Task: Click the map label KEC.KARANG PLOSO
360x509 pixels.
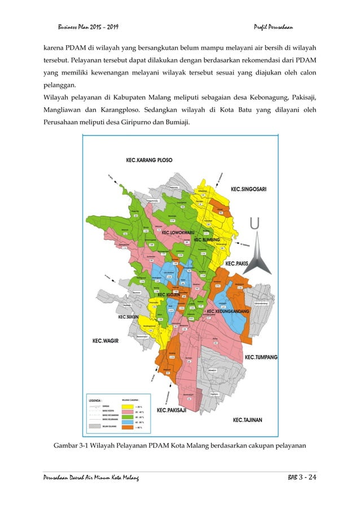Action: pos(149,160)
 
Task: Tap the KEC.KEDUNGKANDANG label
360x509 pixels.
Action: pos(229,311)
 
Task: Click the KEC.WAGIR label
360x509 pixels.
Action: pos(104,341)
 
